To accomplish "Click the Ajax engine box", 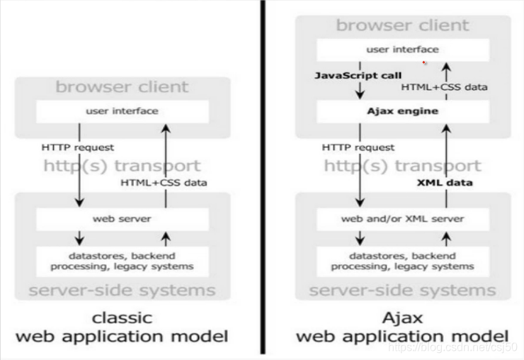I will point(402,111).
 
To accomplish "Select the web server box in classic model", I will point(122,218).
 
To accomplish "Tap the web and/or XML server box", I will point(403,218).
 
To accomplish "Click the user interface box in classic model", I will point(122,111).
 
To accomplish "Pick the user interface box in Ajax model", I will point(402,50).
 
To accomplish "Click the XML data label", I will point(443,183).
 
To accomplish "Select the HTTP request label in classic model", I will point(79,147).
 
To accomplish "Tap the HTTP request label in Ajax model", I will point(358,147).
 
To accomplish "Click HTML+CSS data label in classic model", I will point(164,183).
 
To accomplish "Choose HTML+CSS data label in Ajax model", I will point(445,87).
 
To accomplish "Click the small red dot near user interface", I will point(424,62).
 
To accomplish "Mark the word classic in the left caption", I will point(122,317).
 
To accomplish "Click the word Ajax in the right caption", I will point(402,317).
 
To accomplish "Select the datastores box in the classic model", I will point(122,261).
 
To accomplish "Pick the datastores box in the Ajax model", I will point(403,261).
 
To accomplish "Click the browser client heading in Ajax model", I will point(402,26).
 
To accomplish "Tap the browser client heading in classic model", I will point(122,87).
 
